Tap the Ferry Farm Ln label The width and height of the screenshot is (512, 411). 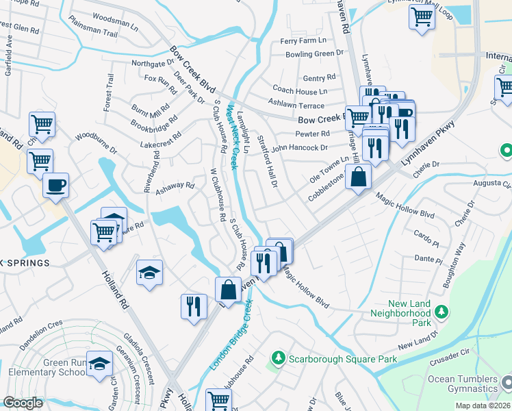coord(299,41)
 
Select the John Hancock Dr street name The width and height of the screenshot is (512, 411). coord(299,147)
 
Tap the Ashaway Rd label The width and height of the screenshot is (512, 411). coord(175,186)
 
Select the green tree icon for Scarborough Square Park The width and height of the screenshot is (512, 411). coord(278,358)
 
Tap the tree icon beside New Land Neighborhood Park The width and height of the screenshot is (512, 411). coord(441,312)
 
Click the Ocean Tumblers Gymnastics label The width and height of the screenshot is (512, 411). coord(463,384)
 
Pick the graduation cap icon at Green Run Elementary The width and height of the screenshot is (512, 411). coord(100,364)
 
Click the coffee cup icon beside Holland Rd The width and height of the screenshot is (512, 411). coord(55,184)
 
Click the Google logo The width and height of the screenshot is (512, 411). coord(23,403)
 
